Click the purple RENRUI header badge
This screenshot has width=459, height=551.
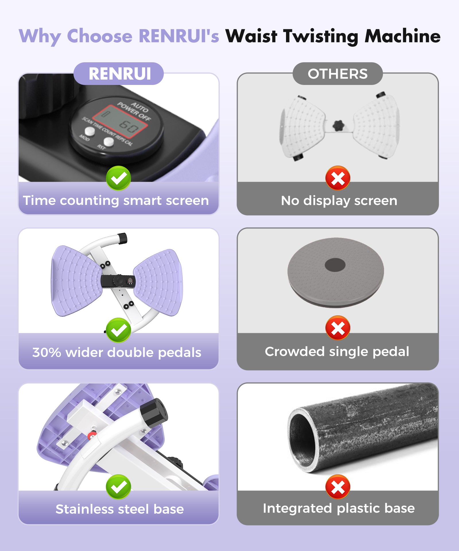point(118,73)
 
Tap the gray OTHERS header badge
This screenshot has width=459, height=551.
point(338,73)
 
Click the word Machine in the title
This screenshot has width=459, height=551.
point(402,36)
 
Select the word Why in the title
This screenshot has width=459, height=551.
point(40,37)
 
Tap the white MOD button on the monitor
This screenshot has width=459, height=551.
point(90,131)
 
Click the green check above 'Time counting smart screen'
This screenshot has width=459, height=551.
point(118,178)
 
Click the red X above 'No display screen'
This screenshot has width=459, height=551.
point(338,178)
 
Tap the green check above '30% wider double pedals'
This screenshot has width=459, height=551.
point(118,330)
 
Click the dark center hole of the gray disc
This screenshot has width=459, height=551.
point(335,265)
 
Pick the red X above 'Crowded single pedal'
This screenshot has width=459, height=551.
point(338,328)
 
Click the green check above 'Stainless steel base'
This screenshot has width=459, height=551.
point(118,487)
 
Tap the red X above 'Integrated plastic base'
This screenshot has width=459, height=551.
point(338,487)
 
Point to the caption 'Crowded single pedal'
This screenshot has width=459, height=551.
point(337,352)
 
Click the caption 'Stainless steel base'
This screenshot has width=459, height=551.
point(120,509)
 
